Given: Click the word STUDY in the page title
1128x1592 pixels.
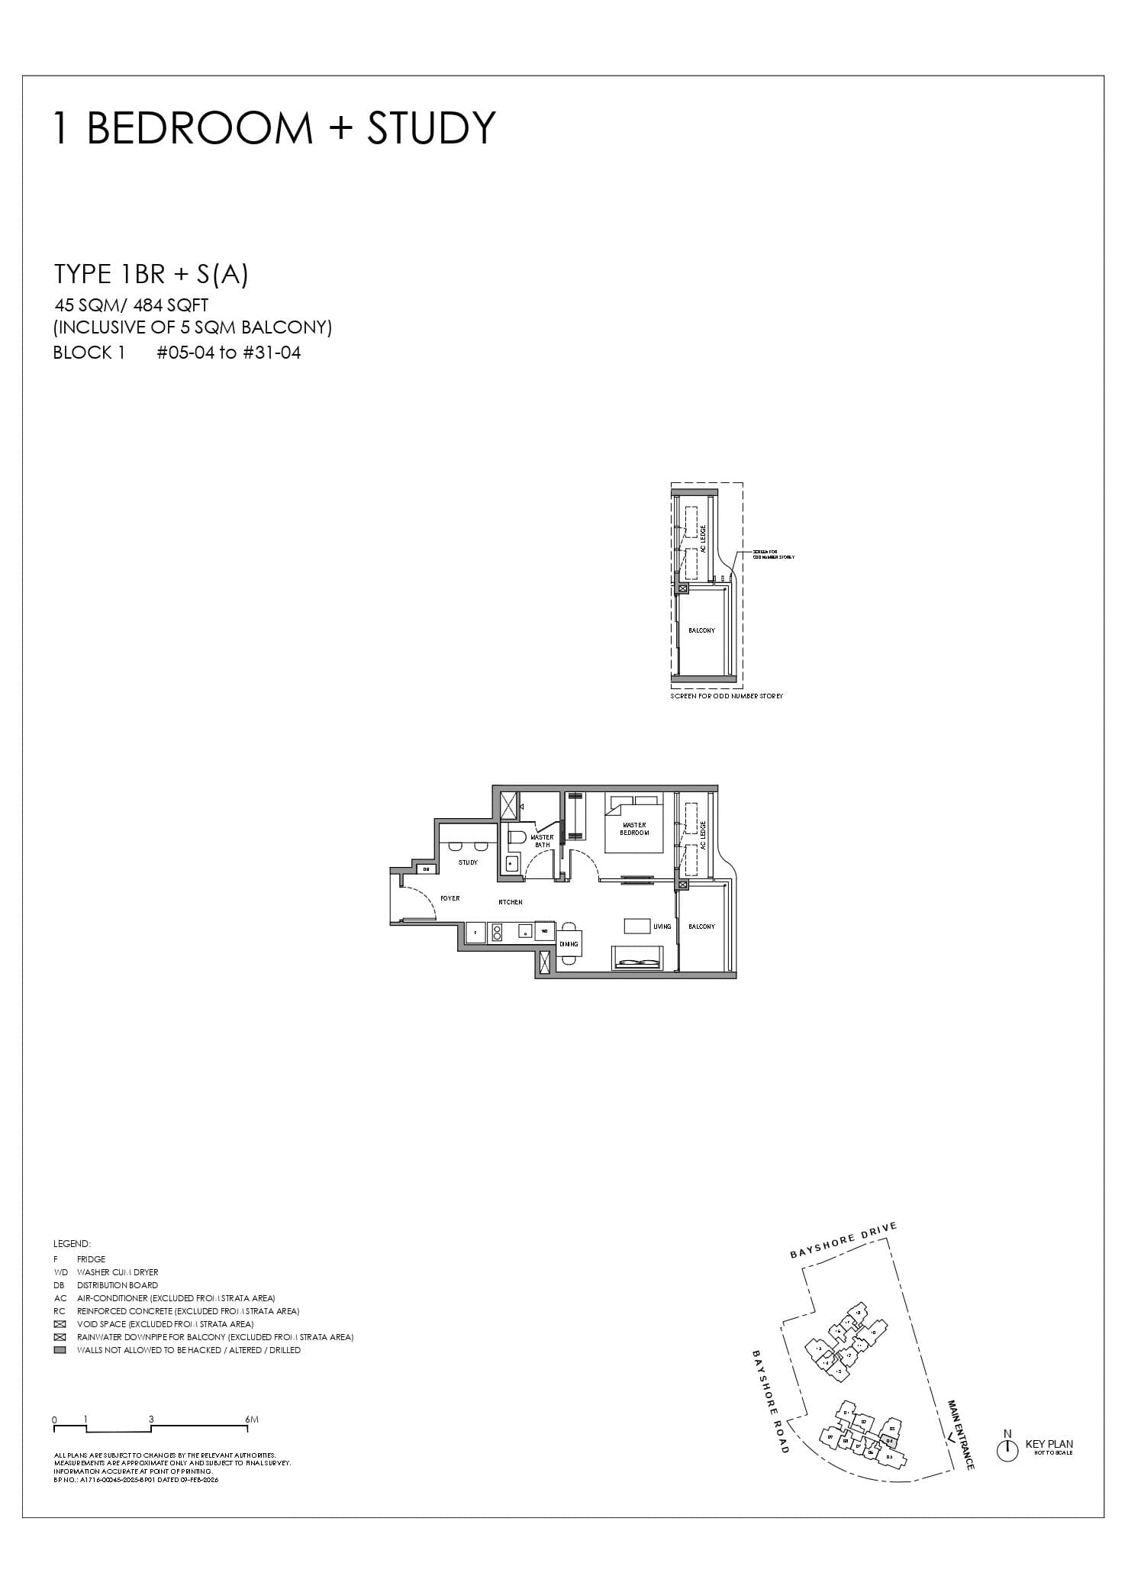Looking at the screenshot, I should tap(431, 128).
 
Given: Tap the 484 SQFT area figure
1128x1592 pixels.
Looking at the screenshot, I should tap(170, 305).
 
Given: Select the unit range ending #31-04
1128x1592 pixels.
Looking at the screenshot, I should tap(229, 353).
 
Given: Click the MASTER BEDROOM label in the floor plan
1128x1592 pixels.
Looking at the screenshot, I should tap(633, 828).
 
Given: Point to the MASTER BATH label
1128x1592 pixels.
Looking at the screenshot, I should tap(542, 841).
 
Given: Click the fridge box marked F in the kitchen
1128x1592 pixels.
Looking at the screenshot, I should tap(475, 933).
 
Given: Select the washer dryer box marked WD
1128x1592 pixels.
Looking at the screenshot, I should tap(545, 931).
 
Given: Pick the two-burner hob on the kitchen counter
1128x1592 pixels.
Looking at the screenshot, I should tap(496, 933).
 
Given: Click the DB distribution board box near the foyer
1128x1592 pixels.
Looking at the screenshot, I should tap(427, 869).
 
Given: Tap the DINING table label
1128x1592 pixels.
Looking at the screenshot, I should tap(569, 944).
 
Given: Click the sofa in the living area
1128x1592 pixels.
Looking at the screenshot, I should tap(637, 959).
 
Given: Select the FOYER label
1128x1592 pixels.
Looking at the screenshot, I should tap(450, 898).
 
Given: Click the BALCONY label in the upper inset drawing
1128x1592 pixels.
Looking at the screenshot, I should tap(701, 630).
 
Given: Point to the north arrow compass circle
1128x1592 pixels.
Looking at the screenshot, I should tap(1007, 1451).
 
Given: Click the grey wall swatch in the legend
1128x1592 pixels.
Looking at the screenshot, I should tap(60, 1350).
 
